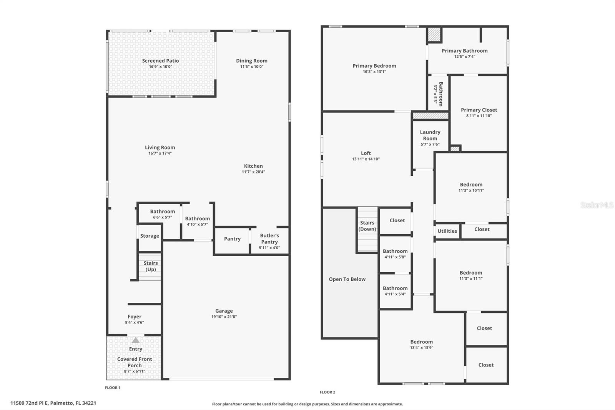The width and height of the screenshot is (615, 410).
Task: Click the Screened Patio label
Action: point(160,61)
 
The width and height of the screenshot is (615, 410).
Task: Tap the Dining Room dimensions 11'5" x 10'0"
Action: point(252,67)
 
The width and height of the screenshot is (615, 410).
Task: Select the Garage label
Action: point(224,311)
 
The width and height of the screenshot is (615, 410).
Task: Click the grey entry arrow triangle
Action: point(136,340)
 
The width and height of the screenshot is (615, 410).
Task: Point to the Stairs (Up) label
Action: point(151,266)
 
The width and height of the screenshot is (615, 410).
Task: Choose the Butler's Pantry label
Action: point(269,238)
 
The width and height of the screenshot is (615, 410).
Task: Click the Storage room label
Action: point(150,236)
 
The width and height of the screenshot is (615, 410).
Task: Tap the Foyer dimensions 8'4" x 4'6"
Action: point(135,322)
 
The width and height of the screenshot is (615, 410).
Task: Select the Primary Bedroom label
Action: point(374,66)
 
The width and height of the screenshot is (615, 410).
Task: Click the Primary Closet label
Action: point(479,110)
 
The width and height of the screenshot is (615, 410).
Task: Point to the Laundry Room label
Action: point(430,135)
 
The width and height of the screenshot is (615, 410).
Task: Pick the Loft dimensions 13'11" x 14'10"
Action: point(366,159)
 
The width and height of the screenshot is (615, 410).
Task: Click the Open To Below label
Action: point(347,279)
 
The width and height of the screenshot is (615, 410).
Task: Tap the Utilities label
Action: point(447,231)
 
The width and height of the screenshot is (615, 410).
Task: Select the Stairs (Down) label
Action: point(367,226)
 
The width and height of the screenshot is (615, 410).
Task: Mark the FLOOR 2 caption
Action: point(327,392)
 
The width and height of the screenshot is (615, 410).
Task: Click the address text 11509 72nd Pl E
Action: point(29,403)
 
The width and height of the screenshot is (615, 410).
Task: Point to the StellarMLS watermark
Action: point(597,205)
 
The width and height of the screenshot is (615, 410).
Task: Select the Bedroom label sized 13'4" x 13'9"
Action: point(421,342)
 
